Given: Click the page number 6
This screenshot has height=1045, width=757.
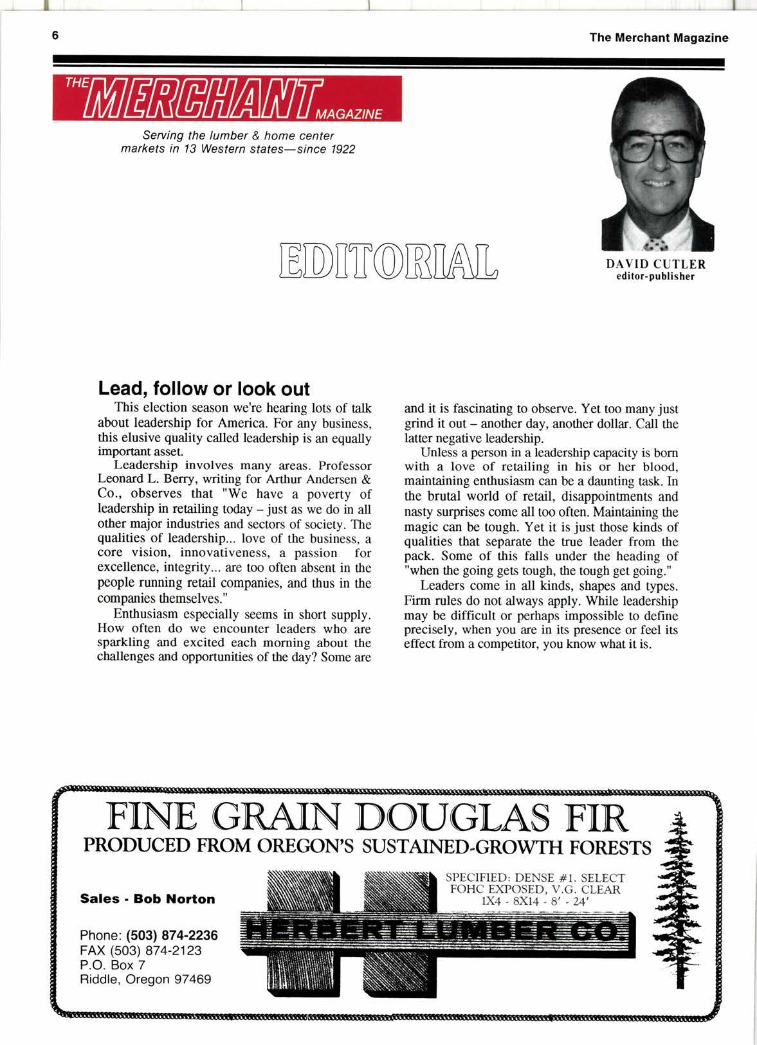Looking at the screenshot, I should [56, 36].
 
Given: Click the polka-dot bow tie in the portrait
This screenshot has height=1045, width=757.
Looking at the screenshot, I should [655, 244].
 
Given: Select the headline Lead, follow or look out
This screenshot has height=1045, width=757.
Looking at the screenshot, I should [204, 389].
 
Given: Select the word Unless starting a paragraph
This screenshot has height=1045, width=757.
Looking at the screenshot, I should [439, 452].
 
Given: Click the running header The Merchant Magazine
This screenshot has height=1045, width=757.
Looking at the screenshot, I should [659, 38].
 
